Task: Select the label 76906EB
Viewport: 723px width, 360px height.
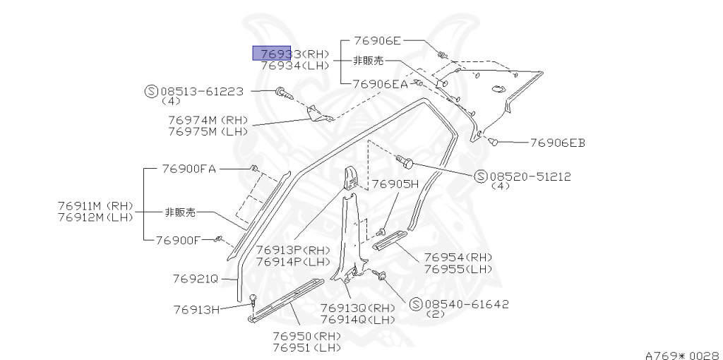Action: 558,143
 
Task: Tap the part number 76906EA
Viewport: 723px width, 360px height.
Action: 381,84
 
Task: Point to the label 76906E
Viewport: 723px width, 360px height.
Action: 377,42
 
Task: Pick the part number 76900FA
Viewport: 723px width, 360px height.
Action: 189,169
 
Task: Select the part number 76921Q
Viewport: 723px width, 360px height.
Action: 196,278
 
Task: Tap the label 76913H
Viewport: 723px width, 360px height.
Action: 197,308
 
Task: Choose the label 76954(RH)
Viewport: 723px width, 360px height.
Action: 458,257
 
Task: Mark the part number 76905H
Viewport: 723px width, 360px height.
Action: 395,184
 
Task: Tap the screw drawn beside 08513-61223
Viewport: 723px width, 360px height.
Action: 283,91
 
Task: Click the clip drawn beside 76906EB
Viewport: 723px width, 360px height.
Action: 494,142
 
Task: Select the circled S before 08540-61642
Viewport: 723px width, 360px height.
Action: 415,304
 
